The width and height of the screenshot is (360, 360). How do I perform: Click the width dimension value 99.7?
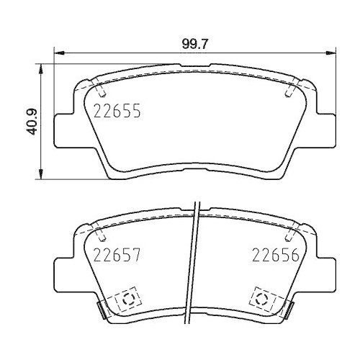(x=195, y=43)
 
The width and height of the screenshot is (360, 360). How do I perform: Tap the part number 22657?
(x=116, y=255)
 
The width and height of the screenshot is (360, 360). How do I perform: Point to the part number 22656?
(x=274, y=255)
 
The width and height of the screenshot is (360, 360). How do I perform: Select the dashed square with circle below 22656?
(x=261, y=299)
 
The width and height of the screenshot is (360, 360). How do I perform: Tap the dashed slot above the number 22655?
(x=102, y=91)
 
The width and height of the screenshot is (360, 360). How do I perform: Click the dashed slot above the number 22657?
(x=102, y=235)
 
